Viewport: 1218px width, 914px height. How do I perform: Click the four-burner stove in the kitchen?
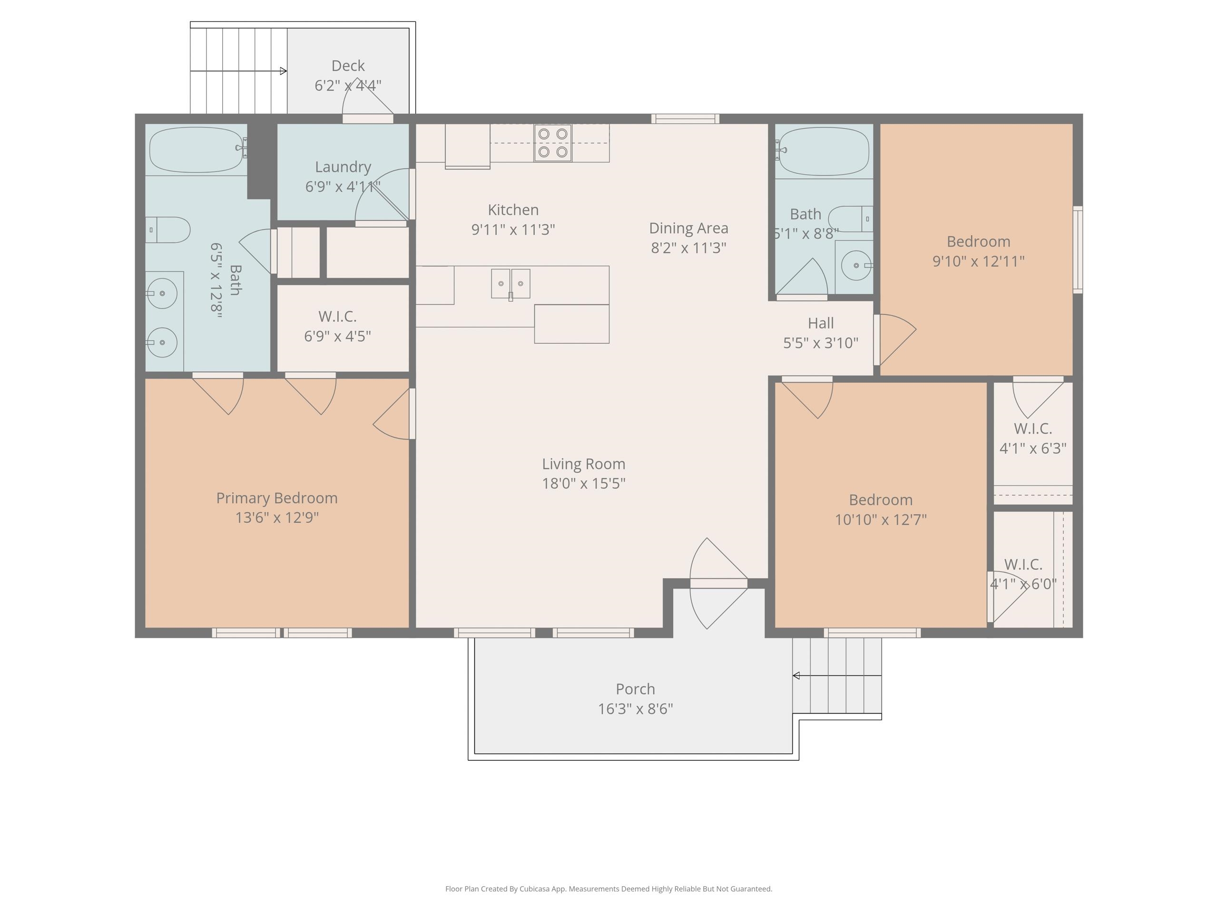click(x=552, y=143)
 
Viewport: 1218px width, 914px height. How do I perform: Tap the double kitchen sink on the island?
click(x=511, y=283)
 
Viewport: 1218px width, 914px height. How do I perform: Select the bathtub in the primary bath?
click(x=196, y=149)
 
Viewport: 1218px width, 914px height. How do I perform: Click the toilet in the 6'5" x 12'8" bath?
click(x=169, y=230)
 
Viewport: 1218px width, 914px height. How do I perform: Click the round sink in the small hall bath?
click(x=855, y=266)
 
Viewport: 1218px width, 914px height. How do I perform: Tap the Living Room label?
click(x=583, y=464)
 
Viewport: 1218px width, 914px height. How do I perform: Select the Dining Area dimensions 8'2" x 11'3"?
click(x=688, y=248)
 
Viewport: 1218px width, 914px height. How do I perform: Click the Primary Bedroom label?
click(x=276, y=498)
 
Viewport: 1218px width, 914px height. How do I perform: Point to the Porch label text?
click(x=635, y=689)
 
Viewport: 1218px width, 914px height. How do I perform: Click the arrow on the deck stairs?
click(x=283, y=71)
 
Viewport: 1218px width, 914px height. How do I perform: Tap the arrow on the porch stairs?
click(x=796, y=676)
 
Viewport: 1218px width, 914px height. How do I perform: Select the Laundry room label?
click(x=343, y=167)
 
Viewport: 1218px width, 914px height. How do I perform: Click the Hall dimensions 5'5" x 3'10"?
click(x=820, y=343)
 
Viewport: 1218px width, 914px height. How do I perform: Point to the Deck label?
click(x=347, y=66)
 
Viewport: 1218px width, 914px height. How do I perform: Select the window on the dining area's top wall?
click(x=685, y=119)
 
